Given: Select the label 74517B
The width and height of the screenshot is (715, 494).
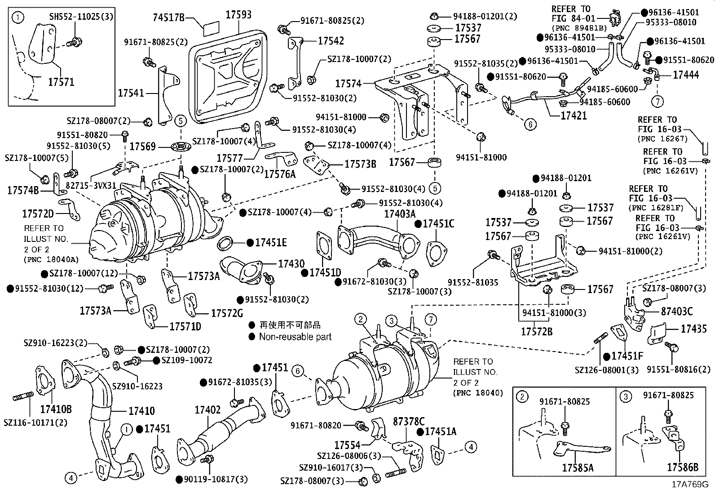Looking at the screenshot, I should pyautogui.click(x=168, y=18).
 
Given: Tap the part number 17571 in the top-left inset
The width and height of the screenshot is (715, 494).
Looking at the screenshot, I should pyautogui.click(x=61, y=82).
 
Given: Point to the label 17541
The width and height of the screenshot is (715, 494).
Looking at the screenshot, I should pyautogui.click(x=131, y=93).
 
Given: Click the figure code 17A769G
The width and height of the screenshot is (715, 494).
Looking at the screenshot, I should pyautogui.click(x=689, y=485).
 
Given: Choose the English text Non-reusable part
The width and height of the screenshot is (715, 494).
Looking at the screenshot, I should pyautogui.click(x=295, y=337).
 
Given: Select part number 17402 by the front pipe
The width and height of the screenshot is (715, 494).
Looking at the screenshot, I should pyautogui.click(x=207, y=410).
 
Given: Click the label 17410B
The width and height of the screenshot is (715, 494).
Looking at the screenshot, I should pyautogui.click(x=56, y=409).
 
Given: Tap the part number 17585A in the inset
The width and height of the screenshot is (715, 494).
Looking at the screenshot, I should pyautogui.click(x=577, y=468).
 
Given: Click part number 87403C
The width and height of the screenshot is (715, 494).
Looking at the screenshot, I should pyautogui.click(x=676, y=311).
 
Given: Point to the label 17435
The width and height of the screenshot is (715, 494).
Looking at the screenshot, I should pyautogui.click(x=693, y=329).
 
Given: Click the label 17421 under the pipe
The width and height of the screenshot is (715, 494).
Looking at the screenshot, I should pyautogui.click(x=574, y=116).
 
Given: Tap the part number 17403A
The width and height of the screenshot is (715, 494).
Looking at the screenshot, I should pyautogui.click(x=400, y=214).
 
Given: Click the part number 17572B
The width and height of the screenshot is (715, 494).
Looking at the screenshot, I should pyautogui.click(x=536, y=332).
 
